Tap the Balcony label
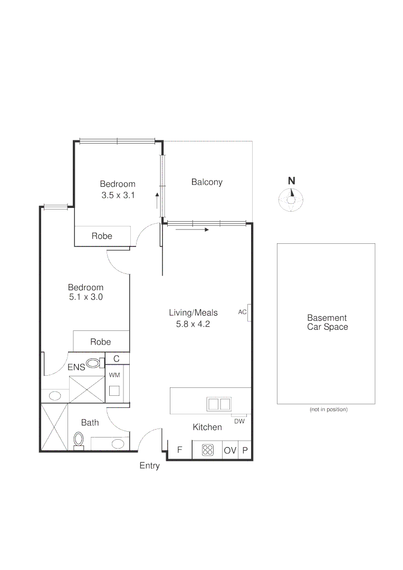tap(207, 182)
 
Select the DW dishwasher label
tap(239, 421)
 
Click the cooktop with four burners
tap(208, 450)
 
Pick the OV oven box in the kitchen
tap(230, 450)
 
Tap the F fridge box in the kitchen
tap(179, 450)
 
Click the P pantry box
tap(245, 450)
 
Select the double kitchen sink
tap(219, 404)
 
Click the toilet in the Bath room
tap(79, 439)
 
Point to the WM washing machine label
tap(114, 374)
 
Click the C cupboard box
tap(117, 359)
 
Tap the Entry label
tap(149, 466)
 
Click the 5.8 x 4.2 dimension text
tap(193, 324)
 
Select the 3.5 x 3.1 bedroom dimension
tap(118, 195)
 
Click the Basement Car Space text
tap(327, 322)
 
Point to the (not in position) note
tap(328, 410)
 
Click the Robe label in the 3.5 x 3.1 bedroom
tap(102, 236)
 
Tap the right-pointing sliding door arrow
tap(192, 230)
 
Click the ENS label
tap(76, 367)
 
